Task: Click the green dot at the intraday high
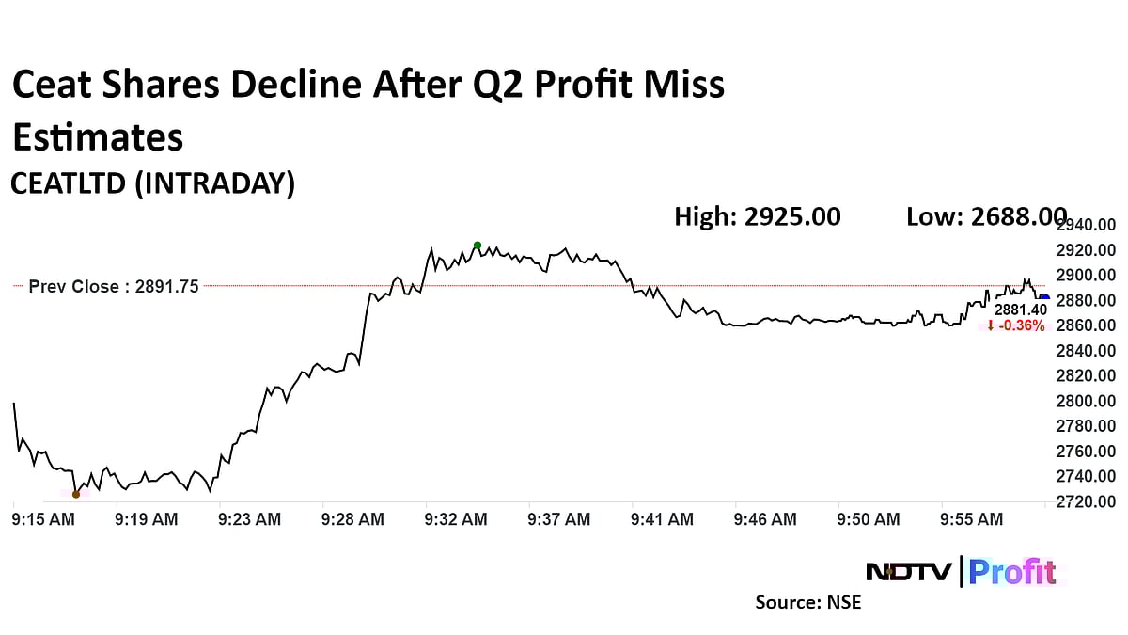(x=478, y=246)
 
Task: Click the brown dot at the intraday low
(x=76, y=494)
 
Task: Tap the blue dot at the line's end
(x=1043, y=297)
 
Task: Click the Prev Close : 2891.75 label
(x=114, y=287)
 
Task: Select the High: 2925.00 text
(x=758, y=217)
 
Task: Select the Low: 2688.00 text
(x=986, y=217)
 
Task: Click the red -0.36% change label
(x=1016, y=325)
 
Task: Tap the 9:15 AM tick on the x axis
(x=42, y=519)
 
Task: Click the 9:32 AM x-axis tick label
(x=456, y=519)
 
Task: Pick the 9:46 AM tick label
(x=765, y=519)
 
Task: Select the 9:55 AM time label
(x=972, y=519)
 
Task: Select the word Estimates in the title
(x=97, y=137)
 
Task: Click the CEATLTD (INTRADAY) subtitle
(x=152, y=183)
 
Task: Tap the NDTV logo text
(x=909, y=571)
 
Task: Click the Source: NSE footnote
(x=807, y=602)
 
